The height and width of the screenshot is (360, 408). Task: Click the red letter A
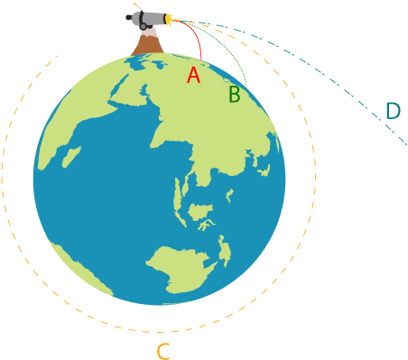tap(192, 75)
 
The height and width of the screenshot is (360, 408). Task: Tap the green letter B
tap(234, 94)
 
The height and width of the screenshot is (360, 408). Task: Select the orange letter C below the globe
tap(162, 350)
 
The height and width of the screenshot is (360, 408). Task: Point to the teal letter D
tap(392, 111)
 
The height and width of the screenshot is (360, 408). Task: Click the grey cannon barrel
tap(148, 18)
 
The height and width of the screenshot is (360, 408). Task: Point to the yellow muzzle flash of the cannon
tap(169, 18)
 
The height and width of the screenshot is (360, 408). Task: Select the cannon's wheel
tap(144, 24)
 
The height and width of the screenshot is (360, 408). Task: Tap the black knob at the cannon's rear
tap(129, 17)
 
